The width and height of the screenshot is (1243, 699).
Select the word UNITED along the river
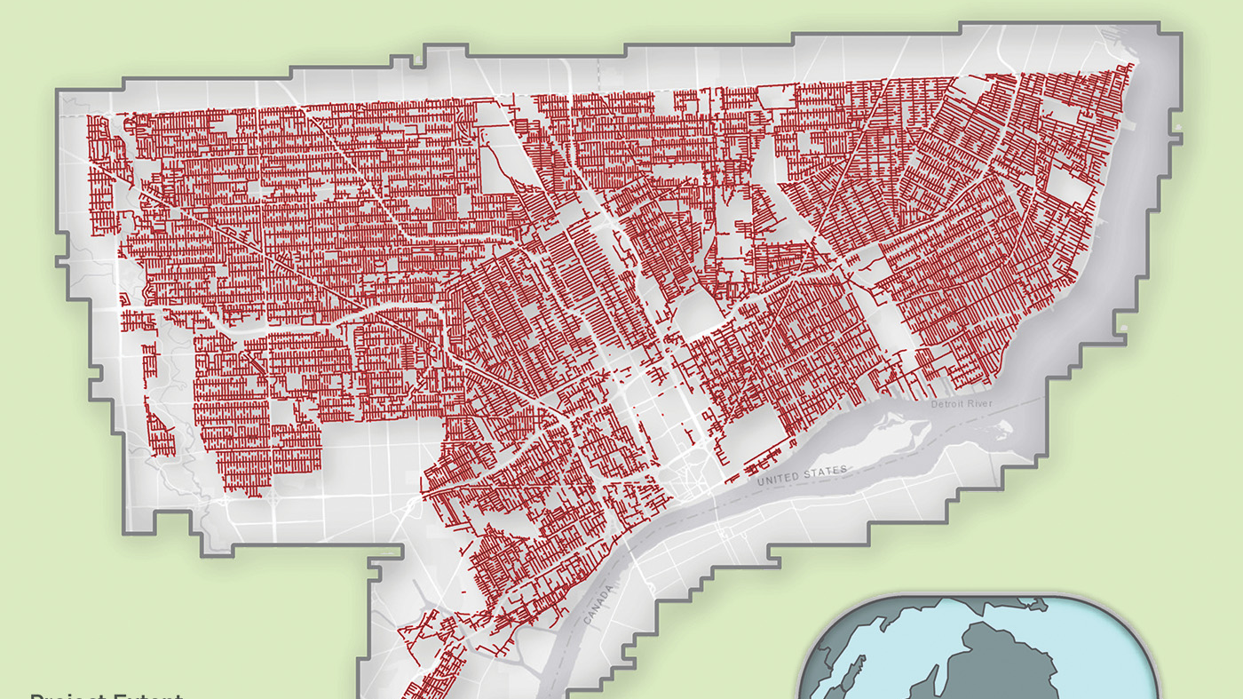[x=779, y=478]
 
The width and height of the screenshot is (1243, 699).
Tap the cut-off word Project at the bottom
[x=67, y=695]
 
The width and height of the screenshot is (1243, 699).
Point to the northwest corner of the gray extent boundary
[x=59, y=91]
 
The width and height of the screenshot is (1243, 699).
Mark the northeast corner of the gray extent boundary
[x=1180, y=36]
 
